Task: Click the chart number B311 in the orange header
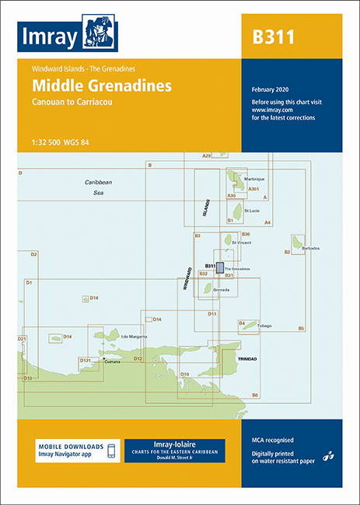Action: (273, 37)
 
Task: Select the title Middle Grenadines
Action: (102, 85)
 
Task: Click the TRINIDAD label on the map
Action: (247, 359)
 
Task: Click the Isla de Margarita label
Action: (135, 336)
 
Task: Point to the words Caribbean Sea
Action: (99, 186)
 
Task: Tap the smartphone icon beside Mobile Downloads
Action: (111, 451)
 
